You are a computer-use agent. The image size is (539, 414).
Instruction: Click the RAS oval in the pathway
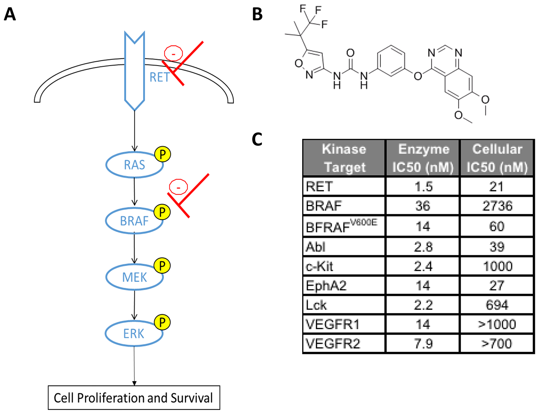click(134, 165)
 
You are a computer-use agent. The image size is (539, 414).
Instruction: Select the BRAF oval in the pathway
click(134, 221)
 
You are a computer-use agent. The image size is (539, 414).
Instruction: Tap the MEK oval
click(134, 277)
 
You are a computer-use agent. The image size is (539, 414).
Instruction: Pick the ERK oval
click(134, 334)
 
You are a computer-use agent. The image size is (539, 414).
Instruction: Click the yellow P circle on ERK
click(162, 322)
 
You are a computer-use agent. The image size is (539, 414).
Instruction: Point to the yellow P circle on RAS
click(163, 154)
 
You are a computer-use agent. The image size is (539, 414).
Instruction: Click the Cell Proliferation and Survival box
click(134, 398)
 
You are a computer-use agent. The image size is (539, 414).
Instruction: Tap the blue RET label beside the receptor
click(159, 77)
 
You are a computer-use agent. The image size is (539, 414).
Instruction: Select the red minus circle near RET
click(174, 53)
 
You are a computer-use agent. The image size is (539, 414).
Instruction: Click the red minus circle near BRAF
click(178, 187)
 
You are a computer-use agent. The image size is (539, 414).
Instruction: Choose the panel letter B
click(257, 14)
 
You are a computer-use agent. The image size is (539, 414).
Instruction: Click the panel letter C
click(257, 139)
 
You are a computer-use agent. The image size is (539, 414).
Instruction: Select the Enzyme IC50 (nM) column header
click(423, 158)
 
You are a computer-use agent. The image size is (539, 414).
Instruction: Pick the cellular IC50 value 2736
click(497, 206)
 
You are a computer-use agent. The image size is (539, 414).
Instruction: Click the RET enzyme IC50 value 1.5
click(423, 186)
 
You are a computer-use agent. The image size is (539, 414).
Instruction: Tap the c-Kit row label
click(320, 266)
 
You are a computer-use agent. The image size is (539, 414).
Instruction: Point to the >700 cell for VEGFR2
click(496, 344)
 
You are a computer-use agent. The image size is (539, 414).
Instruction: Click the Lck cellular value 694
click(497, 305)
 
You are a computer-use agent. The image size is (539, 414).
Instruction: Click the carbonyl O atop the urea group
click(350, 53)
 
